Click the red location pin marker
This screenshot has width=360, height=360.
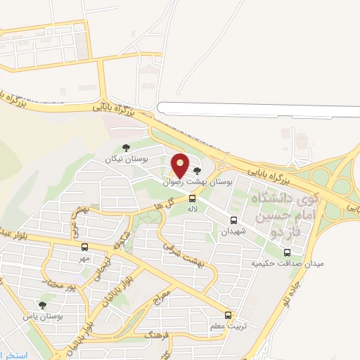[x=180, y=166]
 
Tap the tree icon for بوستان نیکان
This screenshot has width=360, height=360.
[x=126, y=148]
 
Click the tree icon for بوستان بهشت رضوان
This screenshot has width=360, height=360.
[x=197, y=170]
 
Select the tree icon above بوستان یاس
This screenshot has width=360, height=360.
[x=43, y=305]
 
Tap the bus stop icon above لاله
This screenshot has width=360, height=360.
[x=193, y=199]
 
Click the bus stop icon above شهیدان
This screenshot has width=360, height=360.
[x=233, y=220]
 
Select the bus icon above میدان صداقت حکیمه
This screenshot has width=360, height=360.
[x=287, y=252]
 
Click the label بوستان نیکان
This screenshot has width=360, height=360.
[x=134, y=160]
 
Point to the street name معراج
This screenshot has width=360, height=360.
[x=162, y=295]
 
